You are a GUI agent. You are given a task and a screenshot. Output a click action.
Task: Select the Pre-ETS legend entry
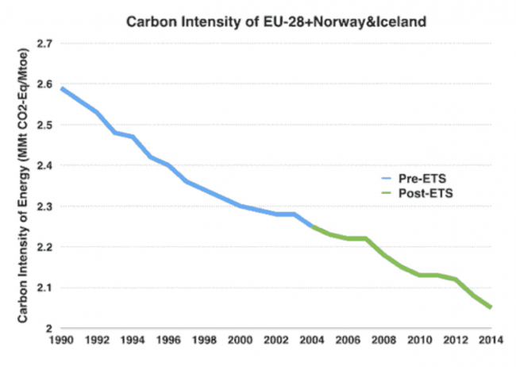click(406, 180)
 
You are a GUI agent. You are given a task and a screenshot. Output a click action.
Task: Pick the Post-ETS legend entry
click(408, 194)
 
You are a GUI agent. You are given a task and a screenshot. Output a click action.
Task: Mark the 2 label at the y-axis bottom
click(48, 328)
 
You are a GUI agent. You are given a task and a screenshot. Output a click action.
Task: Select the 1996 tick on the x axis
click(168, 342)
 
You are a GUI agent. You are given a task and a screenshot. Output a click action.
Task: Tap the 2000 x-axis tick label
click(240, 342)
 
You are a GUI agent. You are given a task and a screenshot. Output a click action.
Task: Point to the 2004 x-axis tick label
click(312, 342)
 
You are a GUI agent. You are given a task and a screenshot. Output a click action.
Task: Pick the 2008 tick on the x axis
click(383, 342)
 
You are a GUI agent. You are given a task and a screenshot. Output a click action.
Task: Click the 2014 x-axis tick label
click(491, 342)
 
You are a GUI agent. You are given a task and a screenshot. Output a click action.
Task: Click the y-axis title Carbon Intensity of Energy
click(23, 186)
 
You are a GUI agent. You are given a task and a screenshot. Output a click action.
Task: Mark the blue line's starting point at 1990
click(60, 88)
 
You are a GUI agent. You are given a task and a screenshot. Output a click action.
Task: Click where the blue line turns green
click(312, 226)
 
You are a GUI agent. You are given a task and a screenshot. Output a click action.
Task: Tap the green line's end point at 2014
click(491, 307)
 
